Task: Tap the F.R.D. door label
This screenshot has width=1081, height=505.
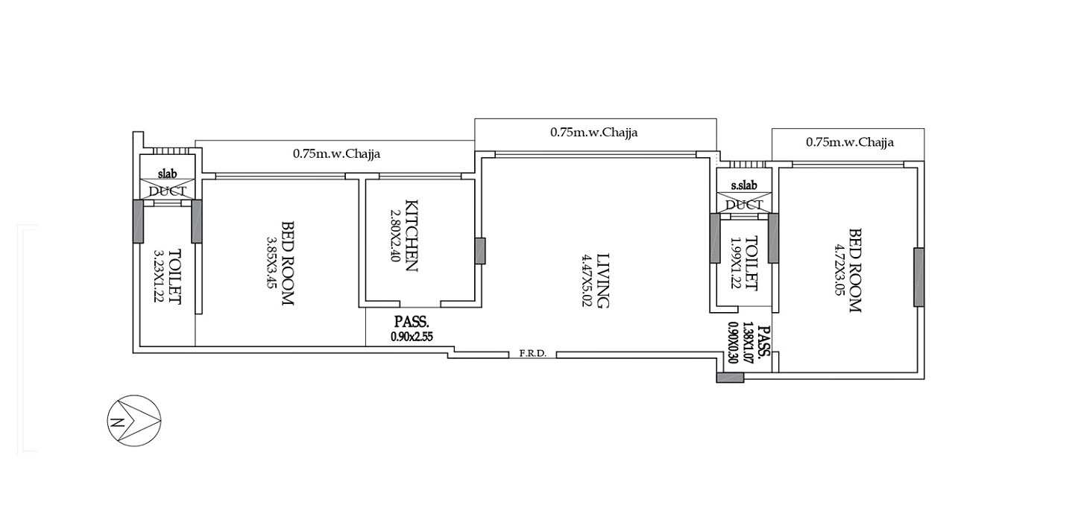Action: (533, 355)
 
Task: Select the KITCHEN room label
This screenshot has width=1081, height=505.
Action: (410, 235)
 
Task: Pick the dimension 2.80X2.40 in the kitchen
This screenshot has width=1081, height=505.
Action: (394, 235)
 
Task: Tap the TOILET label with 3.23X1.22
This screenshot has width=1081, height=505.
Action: (175, 276)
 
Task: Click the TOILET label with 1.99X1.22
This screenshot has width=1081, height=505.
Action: (751, 263)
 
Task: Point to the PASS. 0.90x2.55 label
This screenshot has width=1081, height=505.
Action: (412, 328)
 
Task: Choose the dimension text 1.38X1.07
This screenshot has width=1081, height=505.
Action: (749, 342)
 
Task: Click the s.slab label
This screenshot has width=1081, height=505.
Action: (744, 185)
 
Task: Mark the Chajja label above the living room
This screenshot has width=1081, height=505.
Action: (594, 133)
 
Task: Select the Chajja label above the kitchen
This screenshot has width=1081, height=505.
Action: (336, 154)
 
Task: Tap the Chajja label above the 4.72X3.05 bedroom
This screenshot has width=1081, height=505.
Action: (850, 142)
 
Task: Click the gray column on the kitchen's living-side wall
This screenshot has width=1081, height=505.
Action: (480, 250)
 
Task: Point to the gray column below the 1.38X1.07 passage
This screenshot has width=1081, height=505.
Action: (730, 378)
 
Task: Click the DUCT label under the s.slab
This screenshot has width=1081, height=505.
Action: (744, 205)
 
